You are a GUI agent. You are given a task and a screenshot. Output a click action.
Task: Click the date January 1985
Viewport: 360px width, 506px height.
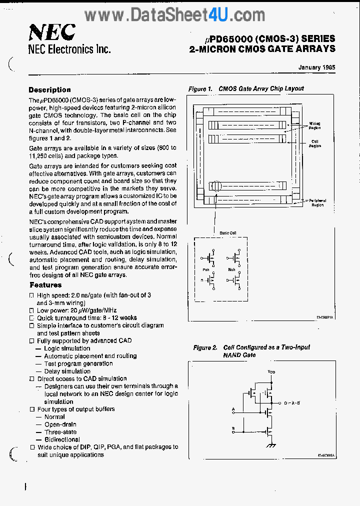[x=316, y=67]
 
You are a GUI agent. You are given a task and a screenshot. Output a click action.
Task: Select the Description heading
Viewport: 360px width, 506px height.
[x=49, y=90]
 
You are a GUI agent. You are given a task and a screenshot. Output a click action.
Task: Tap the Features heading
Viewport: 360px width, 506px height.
[x=45, y=285]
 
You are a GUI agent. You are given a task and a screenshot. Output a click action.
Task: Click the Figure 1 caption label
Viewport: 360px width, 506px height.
[x=200, y=88]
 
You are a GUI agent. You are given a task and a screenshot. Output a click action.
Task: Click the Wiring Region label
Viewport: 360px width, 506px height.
[x=314, y=125]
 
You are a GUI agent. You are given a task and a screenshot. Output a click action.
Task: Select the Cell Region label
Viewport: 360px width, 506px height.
[x=315, y=143]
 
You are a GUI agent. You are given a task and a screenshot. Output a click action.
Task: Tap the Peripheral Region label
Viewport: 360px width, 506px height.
[x=317, y=202]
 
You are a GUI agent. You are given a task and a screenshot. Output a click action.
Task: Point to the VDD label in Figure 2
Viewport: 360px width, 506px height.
[x=271, y=372]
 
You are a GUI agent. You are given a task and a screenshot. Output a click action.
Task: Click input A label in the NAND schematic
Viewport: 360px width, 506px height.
[x=233, y=409]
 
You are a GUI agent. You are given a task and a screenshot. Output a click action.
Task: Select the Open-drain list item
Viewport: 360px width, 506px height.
[x=60, y=424]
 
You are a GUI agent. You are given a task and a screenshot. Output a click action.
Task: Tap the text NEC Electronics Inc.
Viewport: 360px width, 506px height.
[x=69, y=49]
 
